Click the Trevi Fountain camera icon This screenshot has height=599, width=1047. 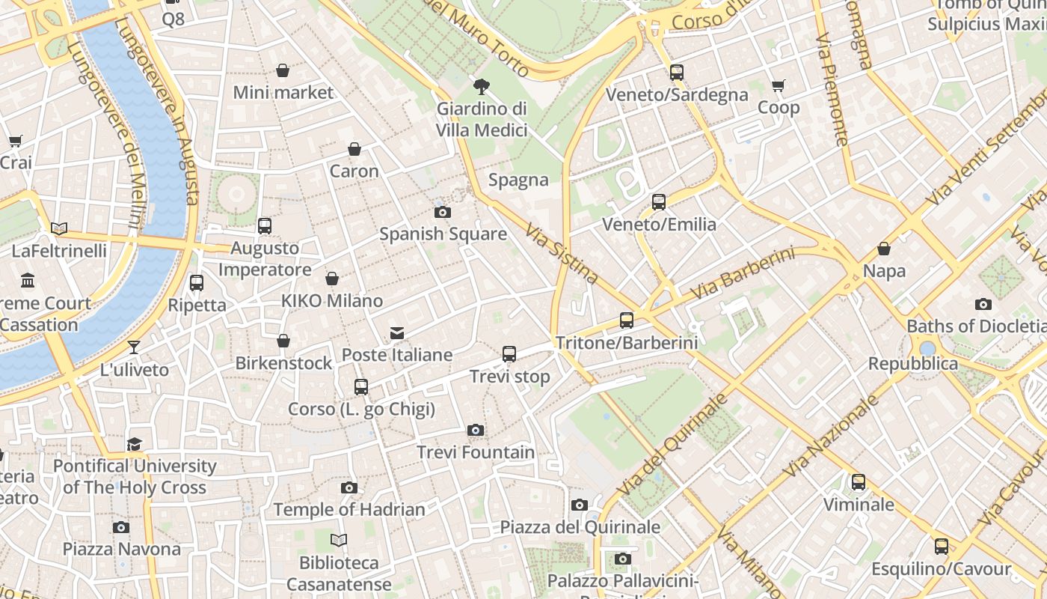[476, 430]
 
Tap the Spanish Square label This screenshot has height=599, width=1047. [443, 234]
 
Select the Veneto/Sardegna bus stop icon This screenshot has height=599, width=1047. [677, 73]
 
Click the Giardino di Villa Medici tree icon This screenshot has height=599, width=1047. [482, 87]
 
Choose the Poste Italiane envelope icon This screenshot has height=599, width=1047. [396, 332]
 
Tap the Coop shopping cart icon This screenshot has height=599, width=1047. [779, 85]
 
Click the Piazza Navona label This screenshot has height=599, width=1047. [121, 549]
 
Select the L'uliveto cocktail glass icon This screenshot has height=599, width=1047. [134, 347]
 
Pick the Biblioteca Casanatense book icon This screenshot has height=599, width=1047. [339, 540]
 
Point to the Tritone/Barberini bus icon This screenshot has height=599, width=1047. [627, 320]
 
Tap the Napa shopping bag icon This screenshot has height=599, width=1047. [884, 249]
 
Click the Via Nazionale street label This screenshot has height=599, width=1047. [832, 437]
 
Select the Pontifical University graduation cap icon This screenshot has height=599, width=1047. [134, 444]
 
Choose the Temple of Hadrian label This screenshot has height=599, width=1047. [349, 509]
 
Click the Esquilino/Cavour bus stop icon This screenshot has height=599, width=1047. [941, 547]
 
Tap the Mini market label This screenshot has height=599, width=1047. [283, 92]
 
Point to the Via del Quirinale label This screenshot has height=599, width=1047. [673, 443]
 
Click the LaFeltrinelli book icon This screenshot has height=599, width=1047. [59, 228]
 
